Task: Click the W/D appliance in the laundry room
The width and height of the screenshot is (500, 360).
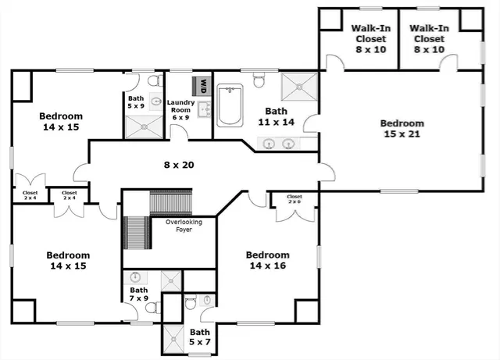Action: [x=204, y=82]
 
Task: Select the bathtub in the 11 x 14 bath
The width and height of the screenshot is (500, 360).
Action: [x=230, y=106]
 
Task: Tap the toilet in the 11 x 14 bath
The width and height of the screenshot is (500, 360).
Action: [x=261, y=80]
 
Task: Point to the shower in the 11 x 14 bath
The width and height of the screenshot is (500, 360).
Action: [x=298, y=88]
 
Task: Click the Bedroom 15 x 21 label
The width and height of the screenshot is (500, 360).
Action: [x=402, y=129]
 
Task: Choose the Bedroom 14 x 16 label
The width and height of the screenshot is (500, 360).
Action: [x=267, y=260]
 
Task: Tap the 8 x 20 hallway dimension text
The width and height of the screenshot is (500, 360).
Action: [x=178, y=165]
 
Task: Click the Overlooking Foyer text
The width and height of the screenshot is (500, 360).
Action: [x=184, y=226]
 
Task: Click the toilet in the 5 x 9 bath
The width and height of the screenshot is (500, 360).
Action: [x=153, y=80]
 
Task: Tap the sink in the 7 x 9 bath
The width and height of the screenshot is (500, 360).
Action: [x=136, y=278]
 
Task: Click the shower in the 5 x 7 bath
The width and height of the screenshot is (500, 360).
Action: [x=173, y=337]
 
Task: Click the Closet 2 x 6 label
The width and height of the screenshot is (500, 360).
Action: [x=295, y=200]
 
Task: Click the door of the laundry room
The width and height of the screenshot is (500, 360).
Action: [x=180, y=133]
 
